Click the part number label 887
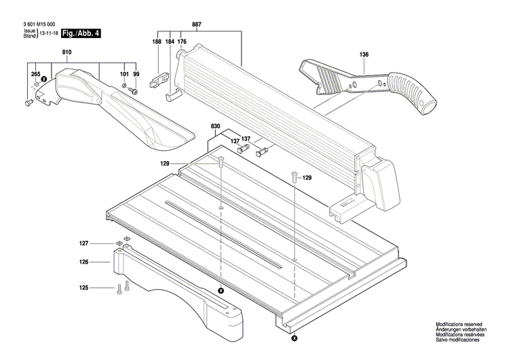[x=196, y=24]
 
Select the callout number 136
[x=364, y=54]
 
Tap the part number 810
[x=67, y=52]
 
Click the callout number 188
[x=157, y=42]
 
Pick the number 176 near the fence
[x=182, y=42]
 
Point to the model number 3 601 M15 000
[x=37, y=24]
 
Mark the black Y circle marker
[x=44, y=79]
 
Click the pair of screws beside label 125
[x=121, y=287]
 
